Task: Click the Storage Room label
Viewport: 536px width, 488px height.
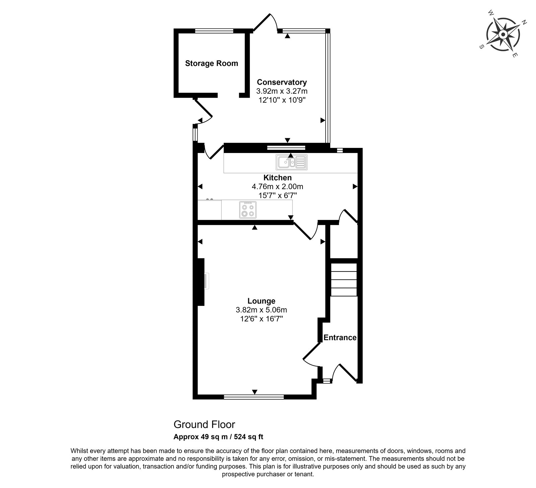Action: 211,63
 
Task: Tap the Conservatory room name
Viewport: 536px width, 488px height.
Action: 282,82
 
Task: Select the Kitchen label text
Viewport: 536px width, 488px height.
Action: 277,178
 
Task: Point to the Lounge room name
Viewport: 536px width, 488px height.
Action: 261,301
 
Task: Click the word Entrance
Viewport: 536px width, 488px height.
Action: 340,337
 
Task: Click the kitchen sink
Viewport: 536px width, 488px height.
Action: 291,162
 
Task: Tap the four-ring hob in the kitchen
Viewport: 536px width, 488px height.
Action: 248,210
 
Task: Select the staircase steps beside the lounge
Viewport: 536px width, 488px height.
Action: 344,279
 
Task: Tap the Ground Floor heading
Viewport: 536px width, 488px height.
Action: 204,424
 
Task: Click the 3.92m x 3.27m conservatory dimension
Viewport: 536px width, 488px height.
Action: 282,91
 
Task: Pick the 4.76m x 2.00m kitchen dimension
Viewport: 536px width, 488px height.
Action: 277,186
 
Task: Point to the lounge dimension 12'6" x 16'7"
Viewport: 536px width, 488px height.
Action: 261,319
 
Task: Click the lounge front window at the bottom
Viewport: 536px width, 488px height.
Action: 254,397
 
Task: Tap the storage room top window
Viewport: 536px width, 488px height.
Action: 214,31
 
